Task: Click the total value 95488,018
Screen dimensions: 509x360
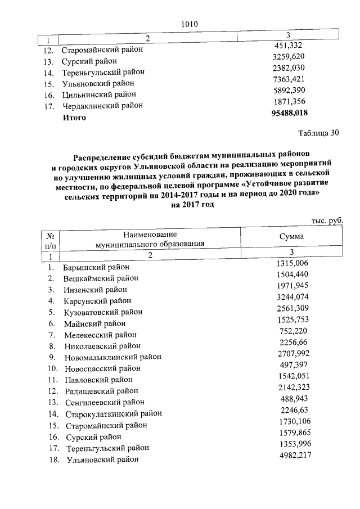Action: tap(290, 113)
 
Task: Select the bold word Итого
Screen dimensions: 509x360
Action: tap(73, 118)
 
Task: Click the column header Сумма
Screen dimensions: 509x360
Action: tap(291, 237)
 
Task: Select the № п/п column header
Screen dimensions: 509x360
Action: tap(50, 241)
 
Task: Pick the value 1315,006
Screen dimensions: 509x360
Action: tap(293, 263)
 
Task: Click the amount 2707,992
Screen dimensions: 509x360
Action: tap(293, 353)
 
